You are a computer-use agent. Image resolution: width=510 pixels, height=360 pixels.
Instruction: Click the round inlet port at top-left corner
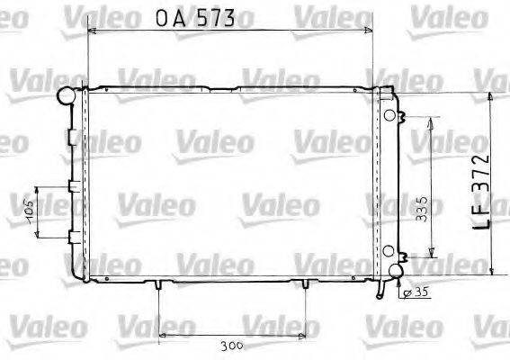click(66, 94)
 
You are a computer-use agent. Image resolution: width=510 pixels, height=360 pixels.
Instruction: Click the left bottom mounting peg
click(157, 286)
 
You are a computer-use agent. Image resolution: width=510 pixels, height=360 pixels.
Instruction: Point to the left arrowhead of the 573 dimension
click(90, 31)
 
